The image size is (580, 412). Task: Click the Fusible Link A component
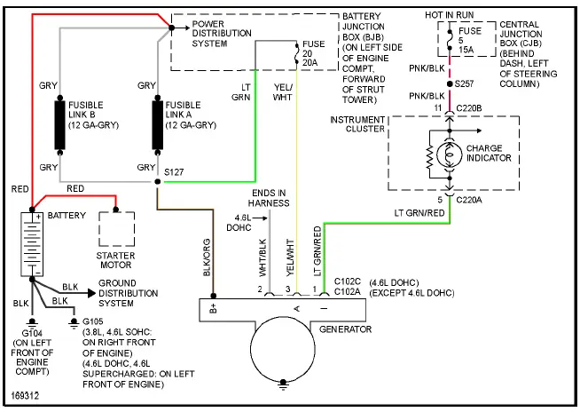click(x=158, y=123)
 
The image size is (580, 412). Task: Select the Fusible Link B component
click(x=60, y=123)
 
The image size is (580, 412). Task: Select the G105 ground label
click(x=90, y=321)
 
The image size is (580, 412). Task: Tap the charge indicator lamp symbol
click(x=451, y=154)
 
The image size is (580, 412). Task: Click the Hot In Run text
click(x=451, y=15)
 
